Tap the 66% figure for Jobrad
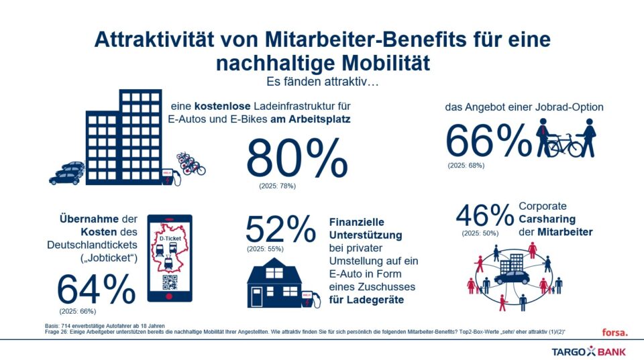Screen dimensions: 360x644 (x=488, y=139)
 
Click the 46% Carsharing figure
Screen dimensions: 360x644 (x=484, y=217)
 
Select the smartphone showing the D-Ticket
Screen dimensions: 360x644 (x=169, y=257)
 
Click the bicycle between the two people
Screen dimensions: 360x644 (x=566, y=143)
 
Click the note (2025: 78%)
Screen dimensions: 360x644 (x=277, y=185)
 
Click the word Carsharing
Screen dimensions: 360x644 (x=548, y=219)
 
